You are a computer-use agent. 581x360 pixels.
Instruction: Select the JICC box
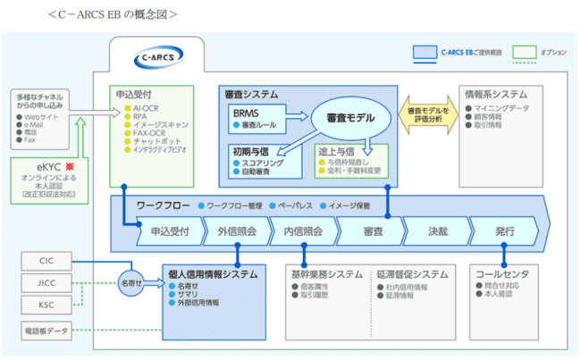pos(46,283)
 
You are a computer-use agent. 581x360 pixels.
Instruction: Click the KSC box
pos(46,306)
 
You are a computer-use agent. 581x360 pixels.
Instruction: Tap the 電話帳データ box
pos(46,331)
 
